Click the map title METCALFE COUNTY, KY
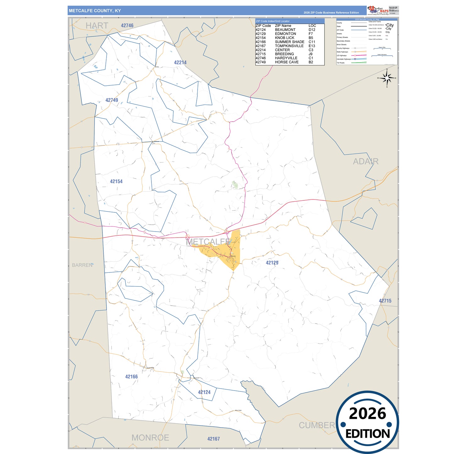point(95,11)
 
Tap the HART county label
point(97,26)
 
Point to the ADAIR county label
point(365,161)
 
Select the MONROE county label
point(150,438)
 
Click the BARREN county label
point(82,265)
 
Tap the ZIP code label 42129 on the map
point(272,263)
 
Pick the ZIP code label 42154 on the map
point(116,182)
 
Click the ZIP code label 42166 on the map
point(131,377)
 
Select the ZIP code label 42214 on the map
point(180,63)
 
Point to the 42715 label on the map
point(385,301)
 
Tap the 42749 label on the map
point(112,100)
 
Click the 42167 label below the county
point(213,439)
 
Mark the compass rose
point(387,78)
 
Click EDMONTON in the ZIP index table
point(285,34)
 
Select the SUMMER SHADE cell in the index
point(289,42)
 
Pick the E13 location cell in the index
point(312,46)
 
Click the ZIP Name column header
point(283,26)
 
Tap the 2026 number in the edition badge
point(367,413)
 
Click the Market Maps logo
point(378,10)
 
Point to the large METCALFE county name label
point(209,242)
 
